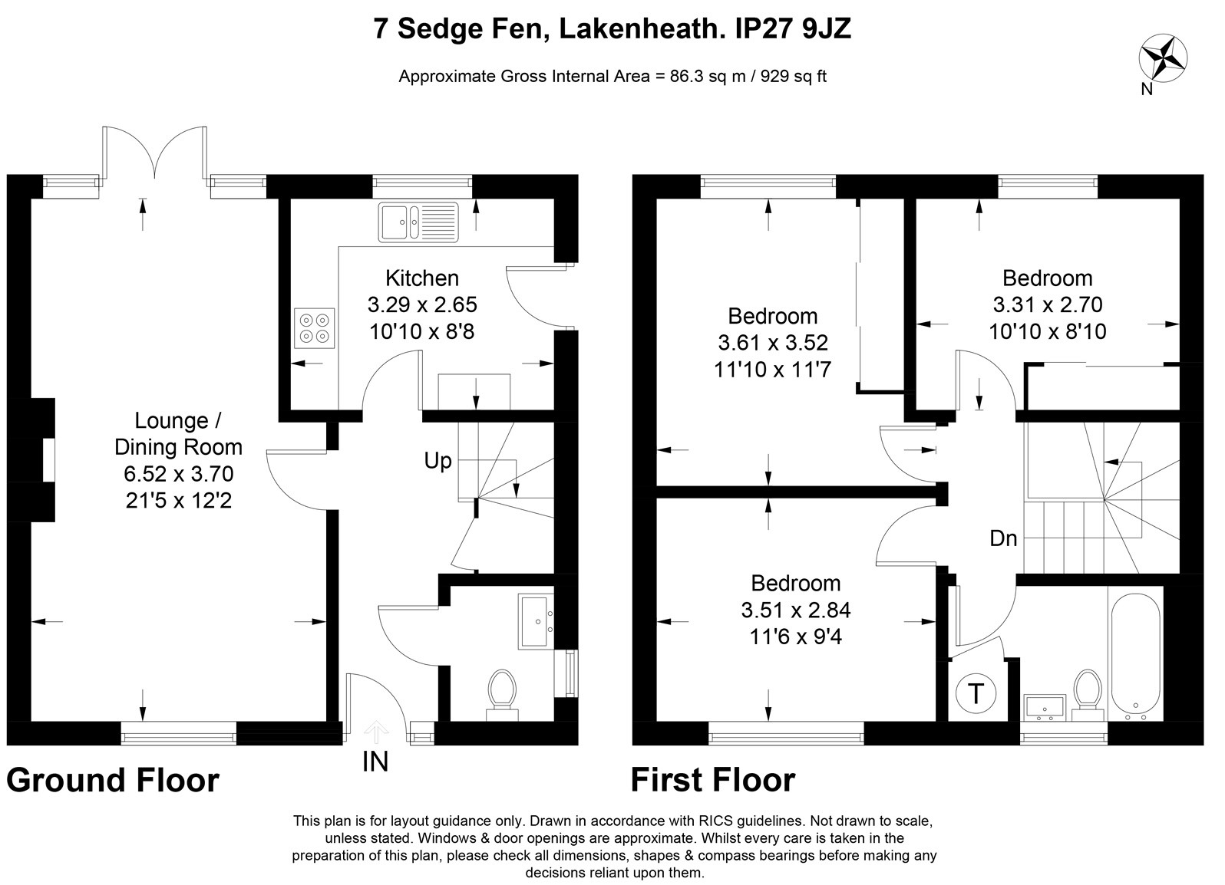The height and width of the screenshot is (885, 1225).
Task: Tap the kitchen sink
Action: (418, 222)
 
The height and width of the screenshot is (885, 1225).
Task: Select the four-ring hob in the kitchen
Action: (314, 327)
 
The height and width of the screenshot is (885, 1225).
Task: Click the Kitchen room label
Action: (422, 278)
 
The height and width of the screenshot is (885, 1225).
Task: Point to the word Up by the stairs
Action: (438, 461)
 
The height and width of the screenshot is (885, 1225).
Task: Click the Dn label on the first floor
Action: (1003, 538)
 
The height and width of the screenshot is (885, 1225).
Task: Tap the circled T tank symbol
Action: (976, 694)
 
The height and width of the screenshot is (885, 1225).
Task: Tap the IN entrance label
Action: (375, 762)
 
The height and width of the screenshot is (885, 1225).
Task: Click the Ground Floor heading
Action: (113, 780)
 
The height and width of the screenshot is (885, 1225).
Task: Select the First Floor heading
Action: (713, 780)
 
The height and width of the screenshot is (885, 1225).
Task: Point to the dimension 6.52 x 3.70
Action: (179, 474)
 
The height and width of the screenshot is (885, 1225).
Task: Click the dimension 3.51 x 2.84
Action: (796, 610)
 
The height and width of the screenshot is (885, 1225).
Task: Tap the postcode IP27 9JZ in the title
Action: (793, 28)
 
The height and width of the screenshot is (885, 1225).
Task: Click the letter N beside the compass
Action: (1147, 89)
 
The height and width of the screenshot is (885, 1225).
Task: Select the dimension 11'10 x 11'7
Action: (773, 370)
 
